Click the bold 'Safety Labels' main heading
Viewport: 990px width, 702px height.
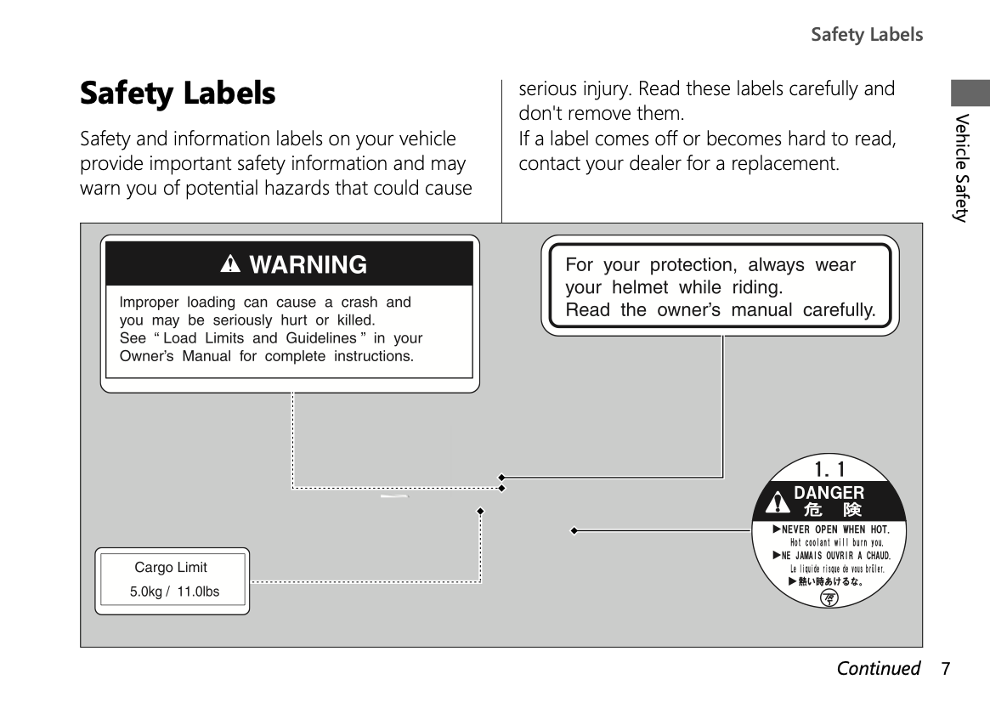tap(178, 93)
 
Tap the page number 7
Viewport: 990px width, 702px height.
tap(945, 668)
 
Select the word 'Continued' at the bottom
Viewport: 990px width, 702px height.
tap(878, 668)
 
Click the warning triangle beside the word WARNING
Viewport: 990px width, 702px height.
tap(229, 264)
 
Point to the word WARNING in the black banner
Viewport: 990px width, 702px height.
tap(308, 264)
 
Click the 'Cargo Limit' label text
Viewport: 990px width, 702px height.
tap(171, 567)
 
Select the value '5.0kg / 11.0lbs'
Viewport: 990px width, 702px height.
tap(174, 592)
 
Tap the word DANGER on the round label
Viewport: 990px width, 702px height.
tap(829, 493)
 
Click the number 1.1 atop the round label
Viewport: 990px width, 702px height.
tap(829, 468)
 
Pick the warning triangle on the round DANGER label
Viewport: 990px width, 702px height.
tap(777, 503)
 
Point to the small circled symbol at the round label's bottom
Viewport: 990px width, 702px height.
tap(829, 598)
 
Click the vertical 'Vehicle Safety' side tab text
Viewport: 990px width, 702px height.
tap(961, 167)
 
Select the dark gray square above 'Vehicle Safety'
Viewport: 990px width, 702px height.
tap(970, 93)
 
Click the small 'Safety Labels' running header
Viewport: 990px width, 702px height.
tap(866, 35)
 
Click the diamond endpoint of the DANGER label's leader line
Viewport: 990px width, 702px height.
tap(574, 530)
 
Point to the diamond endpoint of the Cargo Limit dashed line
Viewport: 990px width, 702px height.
tap(480, 511)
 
